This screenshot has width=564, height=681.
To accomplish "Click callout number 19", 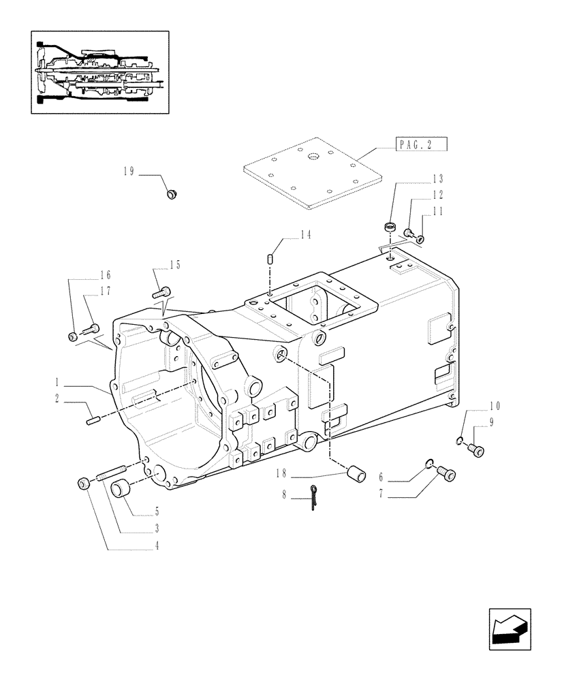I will click(x=129, y=173).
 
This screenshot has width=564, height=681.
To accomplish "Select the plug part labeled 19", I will click(x=172, y=195).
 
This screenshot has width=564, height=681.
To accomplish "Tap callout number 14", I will click(x=305, y=236).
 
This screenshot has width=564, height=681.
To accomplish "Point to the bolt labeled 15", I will click(x=161, y=292).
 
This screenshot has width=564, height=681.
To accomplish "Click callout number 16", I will click(x=105, y=275).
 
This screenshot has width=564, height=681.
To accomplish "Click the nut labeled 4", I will click(x=84, y=484).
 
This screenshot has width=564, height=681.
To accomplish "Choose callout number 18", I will click(x=283, y=472).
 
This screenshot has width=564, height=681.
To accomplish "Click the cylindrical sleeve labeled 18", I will click(x=355, y=474).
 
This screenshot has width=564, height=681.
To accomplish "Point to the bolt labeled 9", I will click(x=477, y=449).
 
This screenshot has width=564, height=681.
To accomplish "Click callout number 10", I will click(x=493, y=407).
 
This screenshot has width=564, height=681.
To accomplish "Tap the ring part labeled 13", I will click(x=391, y=225).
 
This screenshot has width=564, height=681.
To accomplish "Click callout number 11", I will click(x=437, y=212).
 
